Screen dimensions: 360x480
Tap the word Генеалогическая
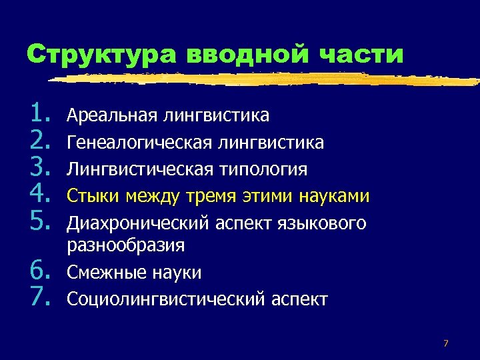click(x=139, y=143)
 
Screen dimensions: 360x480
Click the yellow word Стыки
click(x=91, y=196)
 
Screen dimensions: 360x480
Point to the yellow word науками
click(x=333, y=196)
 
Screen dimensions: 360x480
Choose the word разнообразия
click(x=126, y=246)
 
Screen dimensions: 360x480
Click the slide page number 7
click(x=445, y=343)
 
